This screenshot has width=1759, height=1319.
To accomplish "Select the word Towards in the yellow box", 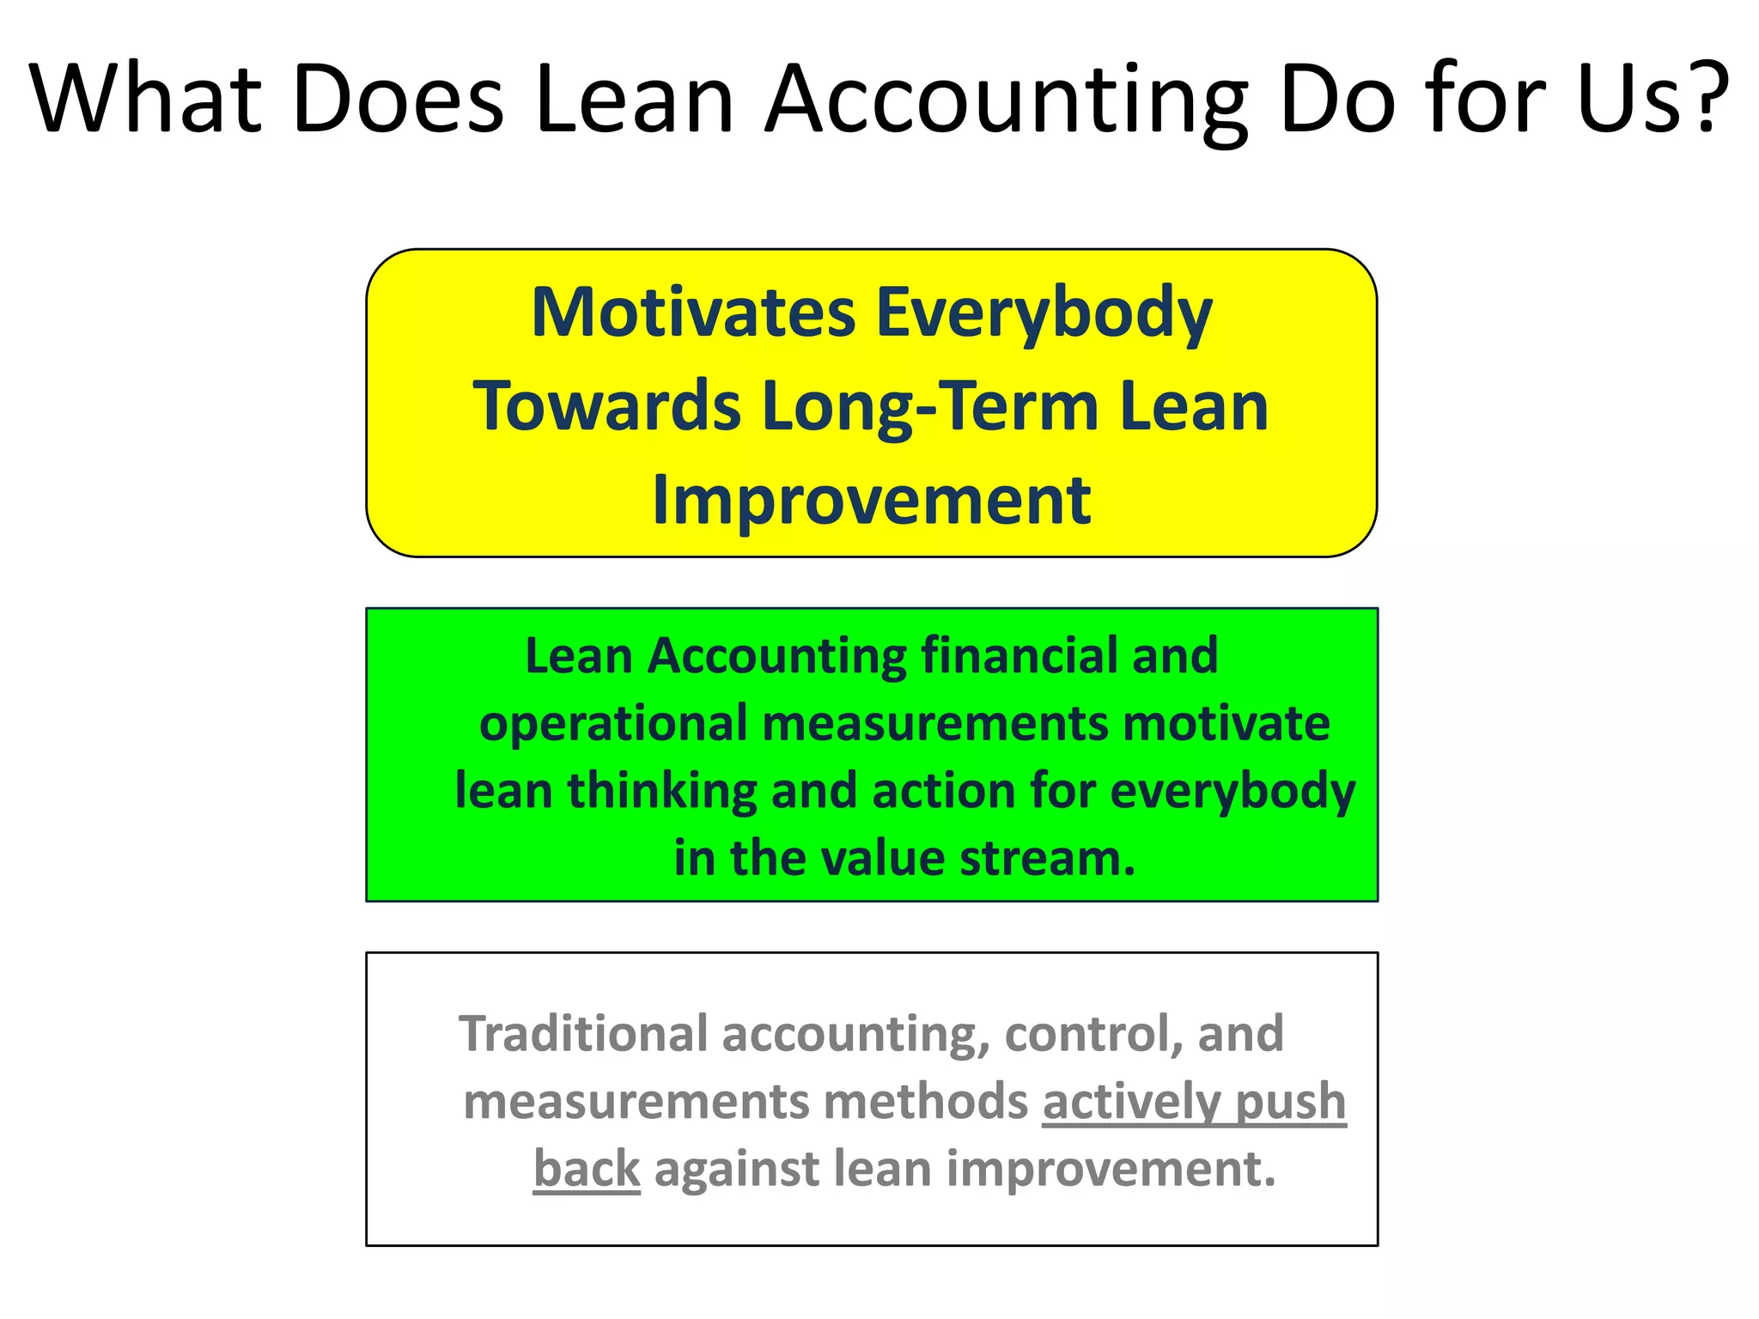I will [x=606, y=406].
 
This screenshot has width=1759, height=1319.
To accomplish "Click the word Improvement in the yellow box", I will [x=871, y=501].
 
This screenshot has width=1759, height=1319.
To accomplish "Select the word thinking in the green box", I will [x=661, y=792].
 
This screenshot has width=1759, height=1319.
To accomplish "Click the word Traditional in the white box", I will [x=583, y=1033].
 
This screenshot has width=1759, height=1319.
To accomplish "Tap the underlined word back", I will [x=587, y=1170].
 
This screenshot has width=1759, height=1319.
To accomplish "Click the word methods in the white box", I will [x=925, y=1102].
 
